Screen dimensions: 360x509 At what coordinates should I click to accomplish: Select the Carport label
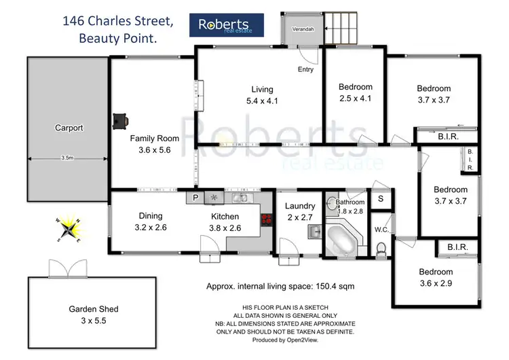click(69, 127)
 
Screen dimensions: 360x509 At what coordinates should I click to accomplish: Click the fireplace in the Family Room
click(121, 120)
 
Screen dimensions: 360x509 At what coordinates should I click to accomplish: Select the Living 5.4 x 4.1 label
click(262, 94)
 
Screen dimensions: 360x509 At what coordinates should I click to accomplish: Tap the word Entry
click(305, 69)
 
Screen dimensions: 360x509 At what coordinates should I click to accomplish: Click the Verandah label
click(302, 31)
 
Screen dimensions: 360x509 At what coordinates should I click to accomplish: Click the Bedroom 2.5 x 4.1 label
click(356, 92)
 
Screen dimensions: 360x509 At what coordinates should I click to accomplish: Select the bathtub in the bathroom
click(344, 239)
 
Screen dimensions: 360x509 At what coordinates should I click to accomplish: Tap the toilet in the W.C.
click(381, 251)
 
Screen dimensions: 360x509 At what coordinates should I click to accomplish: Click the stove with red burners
click(266, 219)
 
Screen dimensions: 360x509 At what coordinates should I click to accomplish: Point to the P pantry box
click(195, 198)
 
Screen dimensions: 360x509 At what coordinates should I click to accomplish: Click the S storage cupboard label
click(381, 199)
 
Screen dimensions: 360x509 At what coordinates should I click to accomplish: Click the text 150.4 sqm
click(331, 286)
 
